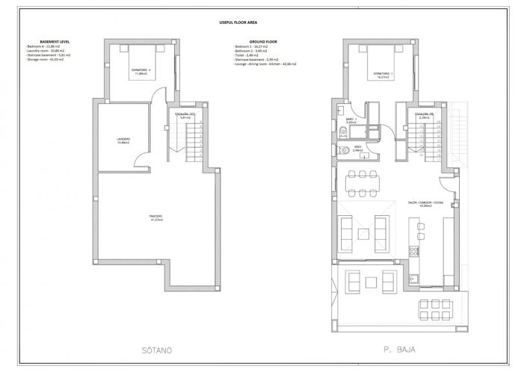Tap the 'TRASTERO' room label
[x=155, y=218]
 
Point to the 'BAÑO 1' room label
[x=351, y=120]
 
